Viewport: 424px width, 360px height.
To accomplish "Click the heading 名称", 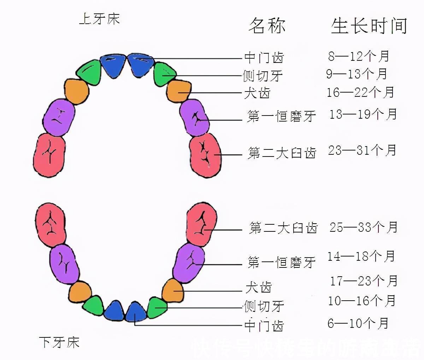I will (267, 26).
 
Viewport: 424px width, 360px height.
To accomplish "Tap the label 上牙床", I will (99, 19).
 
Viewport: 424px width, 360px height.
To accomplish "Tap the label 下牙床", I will (59, 342).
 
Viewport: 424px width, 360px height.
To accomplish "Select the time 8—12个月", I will (358, 56).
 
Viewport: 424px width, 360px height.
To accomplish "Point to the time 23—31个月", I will (362, 151).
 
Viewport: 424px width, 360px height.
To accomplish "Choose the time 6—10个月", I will (358, 323).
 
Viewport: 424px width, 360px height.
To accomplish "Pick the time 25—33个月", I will (364, 227).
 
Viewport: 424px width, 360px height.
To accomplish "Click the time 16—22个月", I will (360, 93).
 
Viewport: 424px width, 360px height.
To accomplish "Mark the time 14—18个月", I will (361, 256).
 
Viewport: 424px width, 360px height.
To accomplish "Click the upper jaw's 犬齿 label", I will (257, 93).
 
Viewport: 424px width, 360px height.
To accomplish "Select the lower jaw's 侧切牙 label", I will (264, 306).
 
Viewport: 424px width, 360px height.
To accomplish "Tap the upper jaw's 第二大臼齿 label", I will (282, 153).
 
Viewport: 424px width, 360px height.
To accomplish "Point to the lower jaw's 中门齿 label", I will (264, 325).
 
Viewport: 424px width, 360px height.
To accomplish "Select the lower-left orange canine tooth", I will (80, 291).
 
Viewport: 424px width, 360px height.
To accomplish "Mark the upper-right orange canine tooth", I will (179, 91).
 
